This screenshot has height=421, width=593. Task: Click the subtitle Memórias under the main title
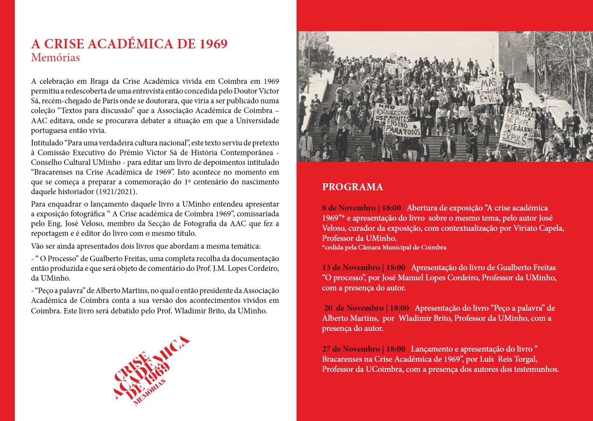pyautogui.click(x=55, y=58)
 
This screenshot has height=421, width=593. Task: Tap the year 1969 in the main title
pyautogui.click(x=214, y=44)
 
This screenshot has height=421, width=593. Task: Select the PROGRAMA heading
pyautogui.click(x=352, y=187)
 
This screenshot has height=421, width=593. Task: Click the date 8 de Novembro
pyautogui.click(x=349, y=208)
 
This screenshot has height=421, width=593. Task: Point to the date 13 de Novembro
pyautogui.click(x=351, y=267)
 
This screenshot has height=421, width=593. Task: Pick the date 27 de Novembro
pyautogui.click(x=351, y=349)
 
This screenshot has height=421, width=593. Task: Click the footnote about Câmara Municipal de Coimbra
pyautogui.click(x=384, y=248)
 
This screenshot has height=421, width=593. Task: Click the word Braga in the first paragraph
pyautogui.click(x=99, y=81)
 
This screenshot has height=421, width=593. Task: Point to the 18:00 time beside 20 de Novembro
pyautogui.click(x=399, y=308)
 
